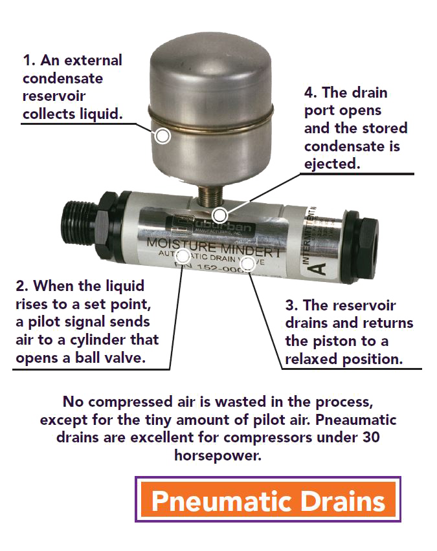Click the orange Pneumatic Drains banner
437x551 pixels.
(267, 500)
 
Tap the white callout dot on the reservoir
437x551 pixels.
(162, 136)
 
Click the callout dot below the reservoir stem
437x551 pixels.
(221, 215)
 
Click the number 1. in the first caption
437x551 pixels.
(29, 61)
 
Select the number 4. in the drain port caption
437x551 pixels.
(311, 92)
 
